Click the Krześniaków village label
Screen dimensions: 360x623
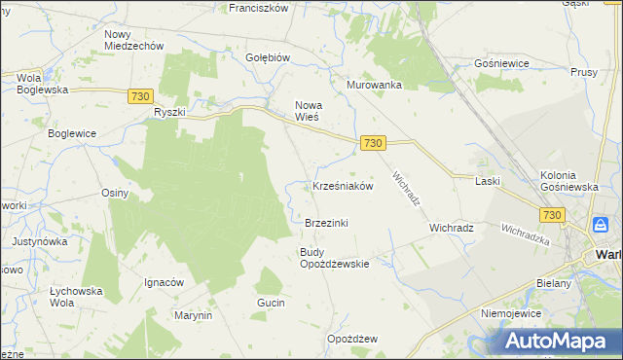click(x=343, y=186)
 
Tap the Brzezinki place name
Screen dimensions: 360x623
click(x=326, y=223)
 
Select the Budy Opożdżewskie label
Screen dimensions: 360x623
click(x=334, y=258)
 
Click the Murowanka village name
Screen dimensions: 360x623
click(x=375, y=85)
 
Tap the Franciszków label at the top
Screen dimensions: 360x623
click(x=259, y=8)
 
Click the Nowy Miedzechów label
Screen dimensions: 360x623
click(x=133, y=40)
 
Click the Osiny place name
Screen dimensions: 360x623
click(x=115, y=193)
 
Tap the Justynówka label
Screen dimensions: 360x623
click(x=38, y=240)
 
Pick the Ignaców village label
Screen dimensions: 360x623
click(x=164, y=282)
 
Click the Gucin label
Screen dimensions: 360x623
click(x=271, y=304)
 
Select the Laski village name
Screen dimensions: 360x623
click(x=488, y=181)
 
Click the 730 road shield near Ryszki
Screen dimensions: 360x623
click(x=140, y=95)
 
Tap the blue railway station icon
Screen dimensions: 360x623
click(x=602, y=225)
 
